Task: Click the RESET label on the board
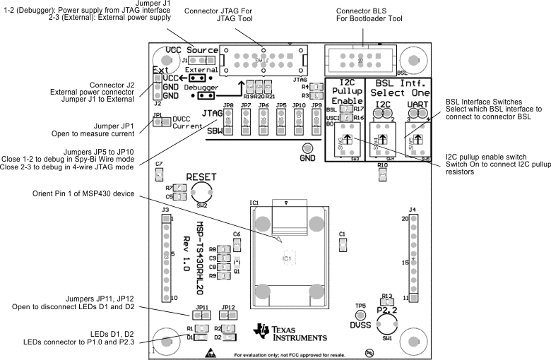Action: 202,176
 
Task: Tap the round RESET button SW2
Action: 202,194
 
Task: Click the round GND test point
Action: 307,149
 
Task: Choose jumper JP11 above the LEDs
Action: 201,316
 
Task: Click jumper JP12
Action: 227,316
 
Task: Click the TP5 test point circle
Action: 360,316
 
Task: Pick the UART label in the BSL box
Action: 418,104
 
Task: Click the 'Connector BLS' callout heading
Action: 365,11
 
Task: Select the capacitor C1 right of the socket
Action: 343,244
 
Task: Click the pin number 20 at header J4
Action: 405,219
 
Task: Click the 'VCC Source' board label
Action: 191,51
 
